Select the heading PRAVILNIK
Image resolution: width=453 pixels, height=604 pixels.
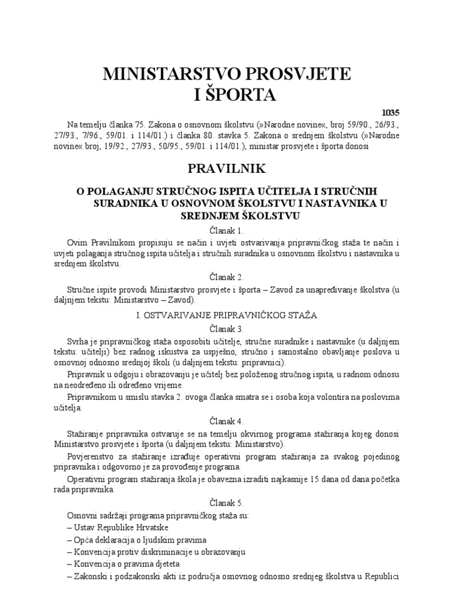click(x=226, y=169)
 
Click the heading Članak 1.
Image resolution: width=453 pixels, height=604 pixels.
click(x=226, y=230)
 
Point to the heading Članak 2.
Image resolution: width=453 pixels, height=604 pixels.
click(x=226, y=276)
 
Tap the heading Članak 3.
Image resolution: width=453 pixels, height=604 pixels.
click(x=226, y=329)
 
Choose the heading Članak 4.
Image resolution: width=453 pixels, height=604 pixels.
click(x=226, y=421)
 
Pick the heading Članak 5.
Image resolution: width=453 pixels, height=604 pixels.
click(x=226, y=503)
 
